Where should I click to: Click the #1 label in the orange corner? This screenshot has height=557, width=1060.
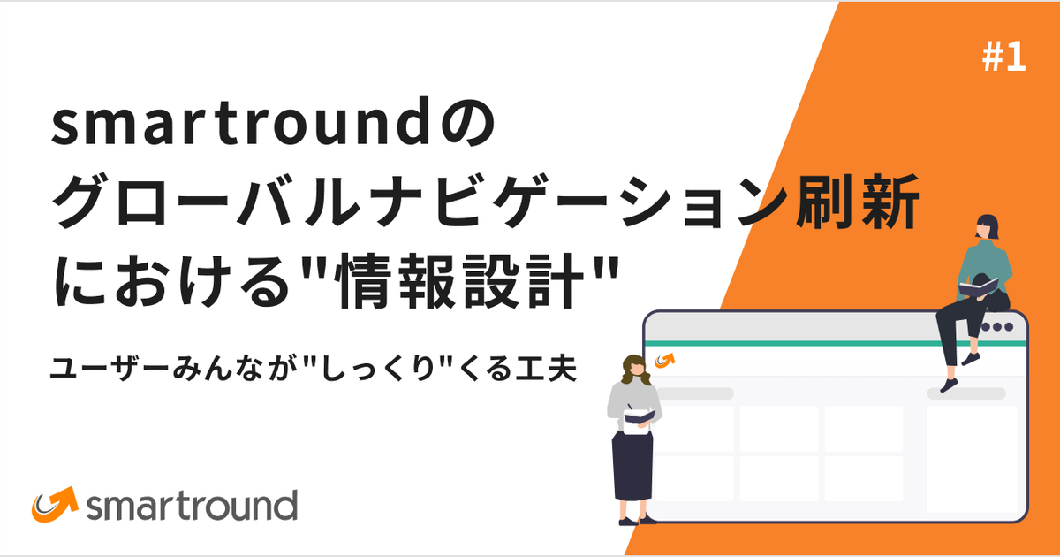click(1003, 59)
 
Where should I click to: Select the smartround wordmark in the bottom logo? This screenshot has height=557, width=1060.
click(193, 507)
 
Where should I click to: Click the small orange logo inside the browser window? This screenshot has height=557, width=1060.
click(665, 359)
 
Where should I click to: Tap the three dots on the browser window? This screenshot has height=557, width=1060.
click(997, 327)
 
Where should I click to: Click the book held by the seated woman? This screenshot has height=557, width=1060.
click(978, 286)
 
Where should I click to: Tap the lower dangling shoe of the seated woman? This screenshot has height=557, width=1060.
click(950, 385)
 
